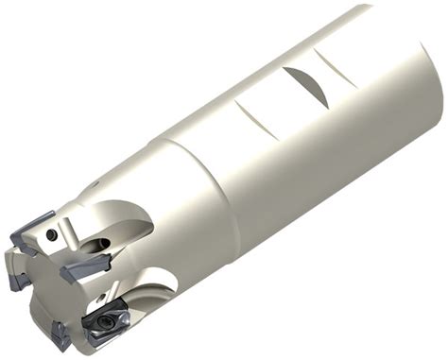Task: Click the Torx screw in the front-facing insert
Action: click(x=100, y=322)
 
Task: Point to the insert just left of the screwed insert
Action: click(x=60, y=333)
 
